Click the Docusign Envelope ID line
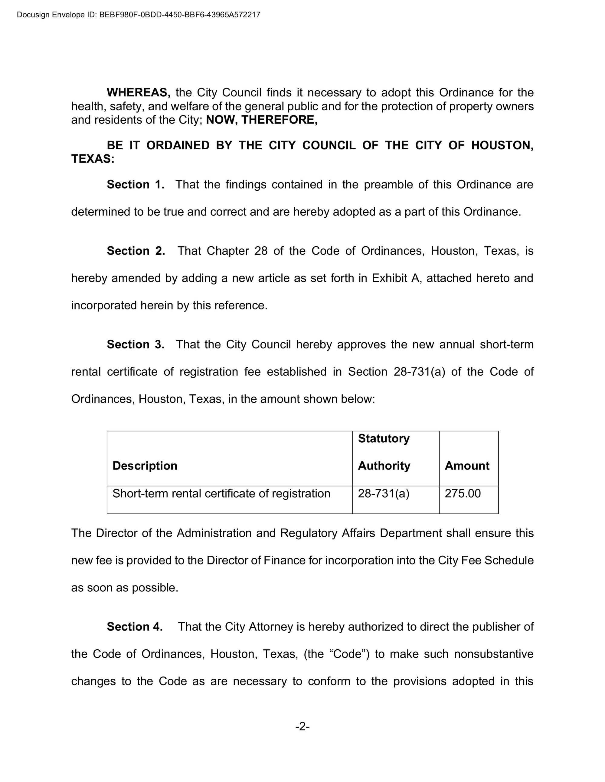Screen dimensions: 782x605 click(x=138, y=15)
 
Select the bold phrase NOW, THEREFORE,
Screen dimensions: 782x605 click(x=262, y=120)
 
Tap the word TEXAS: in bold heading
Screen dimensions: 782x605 click(x=93, y=159)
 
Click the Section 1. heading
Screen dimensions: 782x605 click(x=136, y=184)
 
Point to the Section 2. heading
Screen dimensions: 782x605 click(x=136, y=250)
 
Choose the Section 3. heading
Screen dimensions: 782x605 click(x=136, y=344)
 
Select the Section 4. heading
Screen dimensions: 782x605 click(x=135, y=626)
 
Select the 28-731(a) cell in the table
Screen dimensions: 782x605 click(x=384, y=493)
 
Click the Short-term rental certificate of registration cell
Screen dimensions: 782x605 click(x=221, y=493)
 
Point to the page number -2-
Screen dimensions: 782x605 click(x=302, y=726)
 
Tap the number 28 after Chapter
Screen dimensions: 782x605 click(x=261, y=250)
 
